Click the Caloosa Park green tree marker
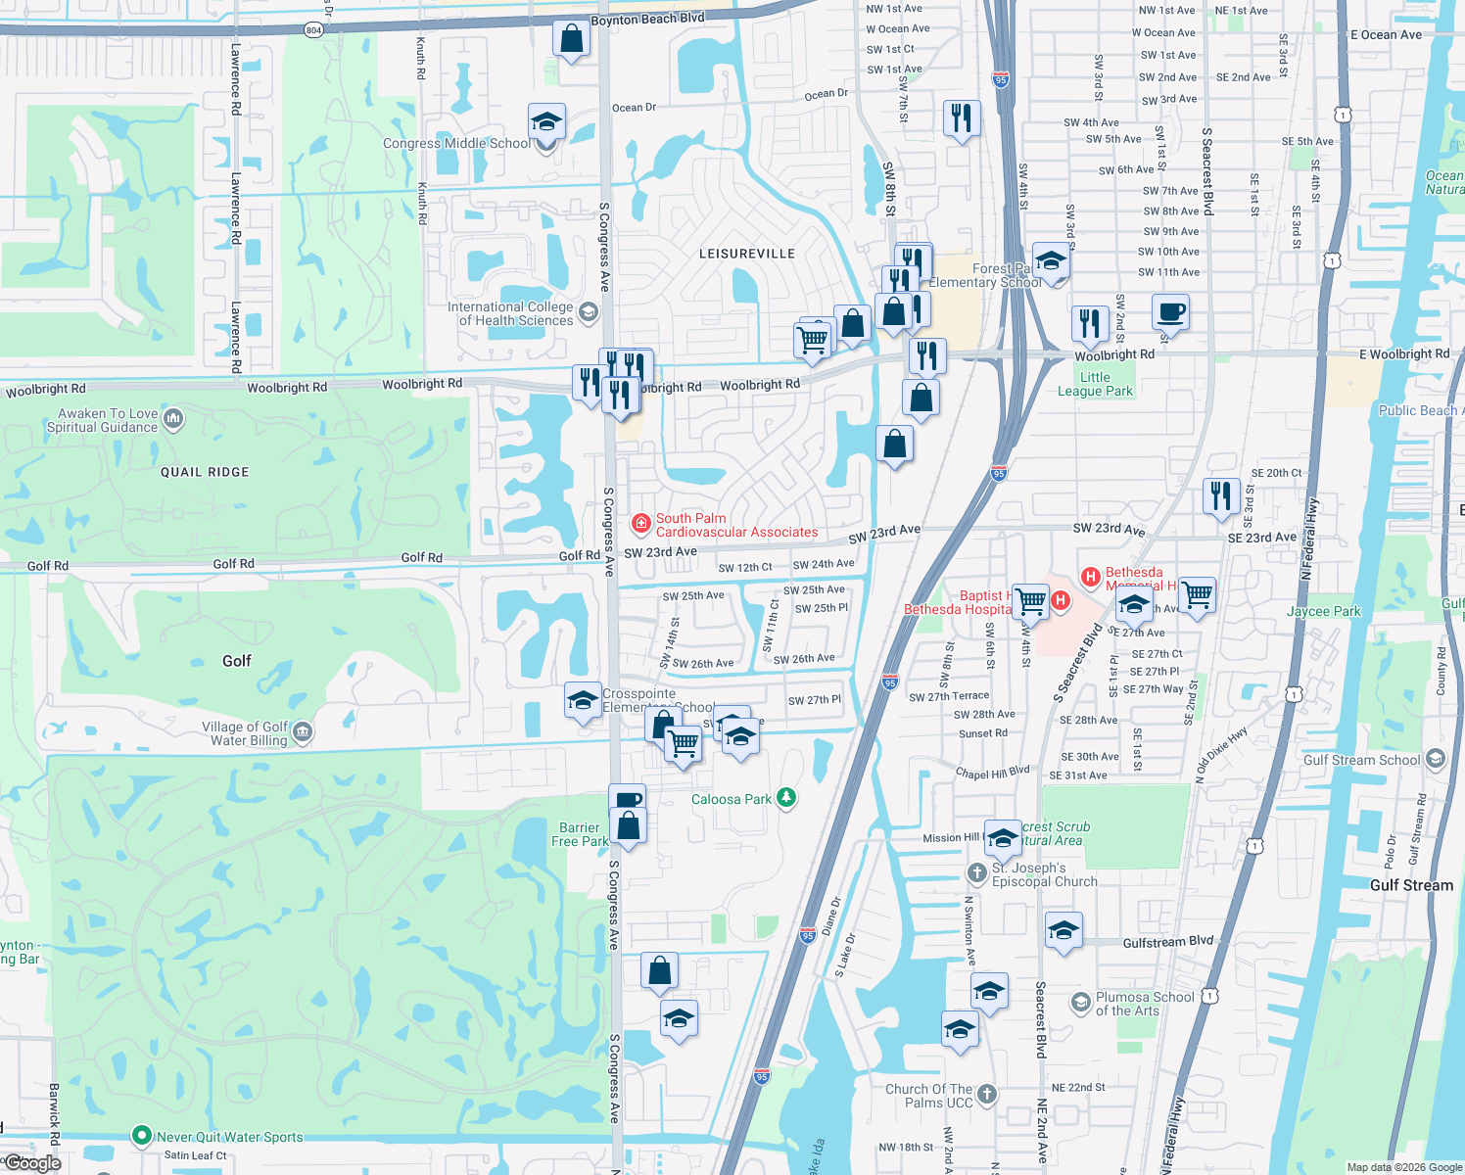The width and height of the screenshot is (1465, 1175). (x=785, y=798)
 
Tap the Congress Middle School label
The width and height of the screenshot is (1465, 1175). (x=456, y=144)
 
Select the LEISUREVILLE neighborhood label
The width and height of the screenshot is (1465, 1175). (x=747, y=254)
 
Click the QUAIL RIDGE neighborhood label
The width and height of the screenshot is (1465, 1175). (x=205, y=472)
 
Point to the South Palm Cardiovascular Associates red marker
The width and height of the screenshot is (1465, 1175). (x=641, y=524)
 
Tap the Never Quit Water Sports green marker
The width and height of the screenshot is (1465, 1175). (x=142, y=1136)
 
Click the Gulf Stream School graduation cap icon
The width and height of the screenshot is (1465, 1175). (x=1436, y=759)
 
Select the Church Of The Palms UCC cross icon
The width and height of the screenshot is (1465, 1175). (x=987, y=1095)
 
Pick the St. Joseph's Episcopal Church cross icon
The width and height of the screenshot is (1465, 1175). (x=976, y=872)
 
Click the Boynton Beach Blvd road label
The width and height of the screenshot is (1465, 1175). (x=647, y=20)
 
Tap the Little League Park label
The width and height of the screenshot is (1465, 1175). (x=1095, y=384)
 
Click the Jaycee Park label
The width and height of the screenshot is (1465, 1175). (x=1323, y=611)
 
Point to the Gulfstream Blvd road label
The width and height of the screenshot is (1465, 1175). (x=1167, y=942)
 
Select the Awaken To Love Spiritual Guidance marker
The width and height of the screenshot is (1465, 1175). (x=173, y=419)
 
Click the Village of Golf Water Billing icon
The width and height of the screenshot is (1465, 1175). (x=303, y=732)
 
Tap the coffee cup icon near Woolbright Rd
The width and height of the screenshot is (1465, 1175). (x=1170, y=313)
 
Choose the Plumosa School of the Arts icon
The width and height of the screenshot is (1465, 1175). (x=1080, y=1002)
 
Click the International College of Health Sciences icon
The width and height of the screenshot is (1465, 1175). (x=589, y=312)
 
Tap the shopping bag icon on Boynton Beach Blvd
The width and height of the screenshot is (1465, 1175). (x=571, y=40)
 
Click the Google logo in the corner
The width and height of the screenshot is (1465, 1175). (x=32, y=1162)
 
